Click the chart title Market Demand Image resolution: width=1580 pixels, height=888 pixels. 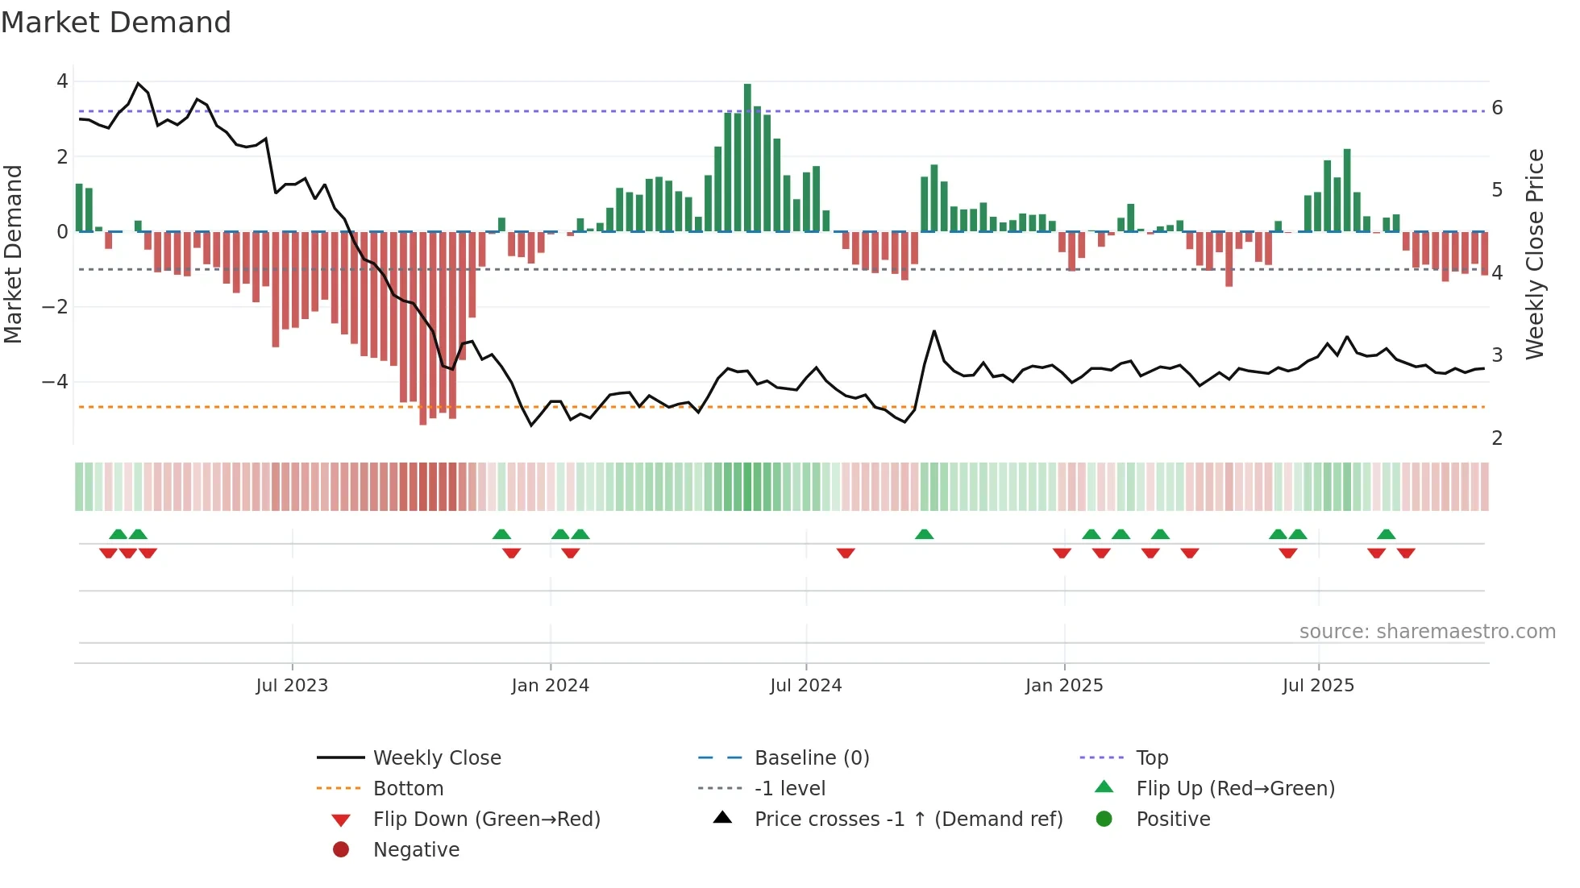116,23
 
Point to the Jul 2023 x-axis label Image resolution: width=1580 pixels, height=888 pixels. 292,686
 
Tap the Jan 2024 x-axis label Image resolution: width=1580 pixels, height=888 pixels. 551,686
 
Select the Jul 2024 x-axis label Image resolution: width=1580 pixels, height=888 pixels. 805,686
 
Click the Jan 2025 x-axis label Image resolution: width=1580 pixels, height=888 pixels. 1064,686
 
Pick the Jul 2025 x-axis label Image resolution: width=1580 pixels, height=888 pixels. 1318,686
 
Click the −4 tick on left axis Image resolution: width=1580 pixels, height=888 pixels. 55,382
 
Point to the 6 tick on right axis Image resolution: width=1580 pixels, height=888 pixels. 1497,108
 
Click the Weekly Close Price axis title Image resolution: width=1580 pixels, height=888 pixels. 1535,254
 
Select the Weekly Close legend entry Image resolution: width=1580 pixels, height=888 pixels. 436,758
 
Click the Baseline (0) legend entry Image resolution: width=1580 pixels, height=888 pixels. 811,758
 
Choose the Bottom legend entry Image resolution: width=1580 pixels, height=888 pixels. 408,789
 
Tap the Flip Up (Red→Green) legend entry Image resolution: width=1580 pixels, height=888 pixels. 1235,789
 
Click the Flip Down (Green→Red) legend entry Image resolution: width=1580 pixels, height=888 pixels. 486,820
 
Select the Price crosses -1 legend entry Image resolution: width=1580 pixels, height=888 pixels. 908,820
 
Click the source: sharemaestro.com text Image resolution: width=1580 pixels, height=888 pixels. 1427,632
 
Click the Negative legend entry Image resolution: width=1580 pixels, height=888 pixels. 416,850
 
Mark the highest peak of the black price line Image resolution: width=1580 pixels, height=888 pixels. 138,83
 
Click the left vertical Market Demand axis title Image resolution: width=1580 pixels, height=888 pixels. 13,254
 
